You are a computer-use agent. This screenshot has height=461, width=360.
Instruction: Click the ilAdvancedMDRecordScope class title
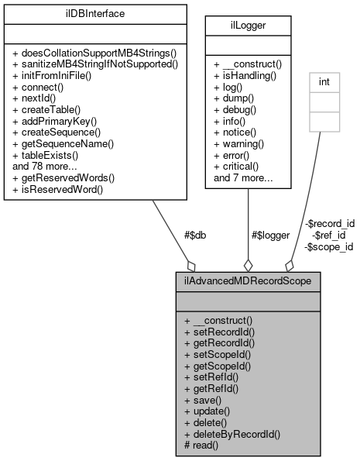click(247, 280)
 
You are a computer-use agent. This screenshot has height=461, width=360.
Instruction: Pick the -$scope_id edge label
click(328, 246)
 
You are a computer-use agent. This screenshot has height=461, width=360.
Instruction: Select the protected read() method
click(202, 446)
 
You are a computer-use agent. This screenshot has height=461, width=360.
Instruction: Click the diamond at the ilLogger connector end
click(248, 263)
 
